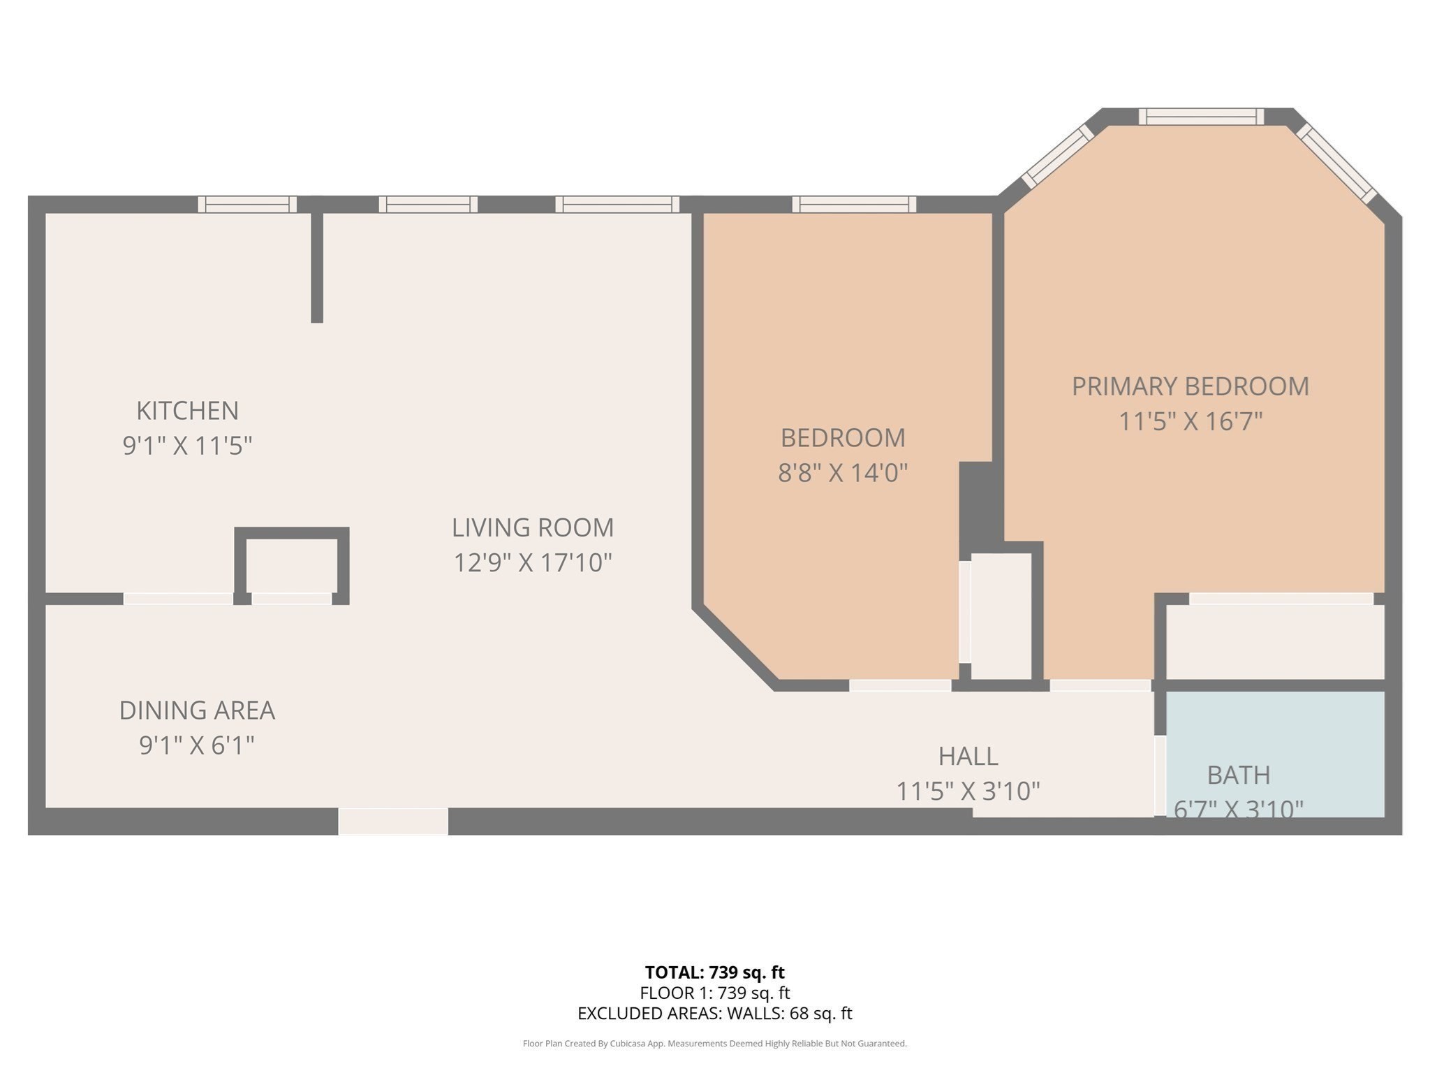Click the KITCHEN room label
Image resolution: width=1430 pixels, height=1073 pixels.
(x=187, y=411)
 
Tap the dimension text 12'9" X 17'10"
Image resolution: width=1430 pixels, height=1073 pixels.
(x=533, y=562)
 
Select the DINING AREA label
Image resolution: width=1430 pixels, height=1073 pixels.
(x=197, y=710)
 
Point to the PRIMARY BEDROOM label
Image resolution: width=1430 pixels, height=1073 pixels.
(x=1190, y=386)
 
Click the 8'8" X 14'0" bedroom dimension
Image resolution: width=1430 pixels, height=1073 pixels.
(x=843, y=473)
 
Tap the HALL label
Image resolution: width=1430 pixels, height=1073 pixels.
(x=968, y=756)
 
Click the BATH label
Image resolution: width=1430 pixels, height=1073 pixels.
(x=1238, y=775)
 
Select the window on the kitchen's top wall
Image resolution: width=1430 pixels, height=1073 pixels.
(x=247, y=204)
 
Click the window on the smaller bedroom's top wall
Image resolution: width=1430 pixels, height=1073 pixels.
(x=854, y=204)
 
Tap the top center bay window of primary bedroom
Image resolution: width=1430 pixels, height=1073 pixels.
(x=1201, y=117)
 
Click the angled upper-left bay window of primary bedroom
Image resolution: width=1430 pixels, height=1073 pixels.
(x=1057, y=156)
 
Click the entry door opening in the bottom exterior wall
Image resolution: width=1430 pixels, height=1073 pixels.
(x=393, y=822)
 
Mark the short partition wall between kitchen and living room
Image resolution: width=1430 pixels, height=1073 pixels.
(x=317, y=268)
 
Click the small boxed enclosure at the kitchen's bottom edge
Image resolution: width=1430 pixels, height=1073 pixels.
(x=292, y=566)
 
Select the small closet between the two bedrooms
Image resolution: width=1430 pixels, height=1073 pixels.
(x=1001, y=615)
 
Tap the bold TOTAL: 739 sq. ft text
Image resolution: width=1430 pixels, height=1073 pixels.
(x=714, y=972)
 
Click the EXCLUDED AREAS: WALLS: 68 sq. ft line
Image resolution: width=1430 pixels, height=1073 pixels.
(x=714, y=1014)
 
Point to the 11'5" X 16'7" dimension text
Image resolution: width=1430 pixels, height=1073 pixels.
(x=1190, y=422)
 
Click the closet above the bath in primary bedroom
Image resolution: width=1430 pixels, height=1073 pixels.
(x=1275, y=641)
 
